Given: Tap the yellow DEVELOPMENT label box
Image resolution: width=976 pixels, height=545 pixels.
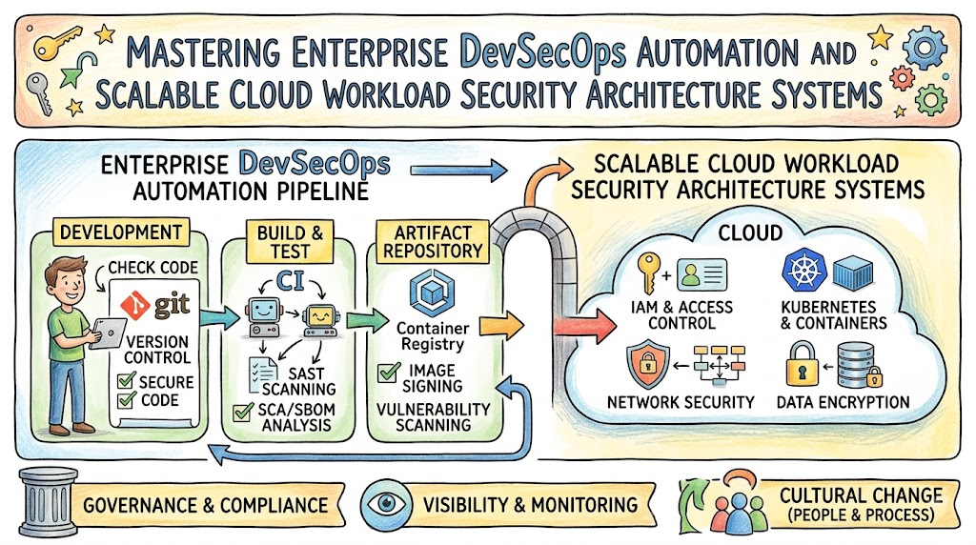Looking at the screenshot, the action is pyautogui.click(x=121, y=232).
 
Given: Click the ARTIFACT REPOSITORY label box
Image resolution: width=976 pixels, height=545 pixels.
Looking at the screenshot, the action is pyautogui.click(x=433, y=241).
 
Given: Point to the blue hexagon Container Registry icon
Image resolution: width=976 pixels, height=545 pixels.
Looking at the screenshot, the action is pyautogui.click(x=432, y=292).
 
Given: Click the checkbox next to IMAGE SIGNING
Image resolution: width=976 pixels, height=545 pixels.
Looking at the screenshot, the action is pyautogui.click(x=389, y=372).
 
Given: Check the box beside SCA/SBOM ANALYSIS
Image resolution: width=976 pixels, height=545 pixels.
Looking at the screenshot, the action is pyautogui.click(x=243, y=412).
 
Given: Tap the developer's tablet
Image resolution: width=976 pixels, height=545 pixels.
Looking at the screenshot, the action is pyautogui.click(x=108, y=333).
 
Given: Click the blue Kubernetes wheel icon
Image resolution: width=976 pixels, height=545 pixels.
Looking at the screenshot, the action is pyautogui.click(x=804, y=270).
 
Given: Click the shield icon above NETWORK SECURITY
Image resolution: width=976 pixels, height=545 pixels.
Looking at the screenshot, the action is pyautogui.click(x=648, y=364).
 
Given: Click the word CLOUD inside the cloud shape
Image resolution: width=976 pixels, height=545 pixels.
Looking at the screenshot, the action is pyautogui.click(x=750, y=232).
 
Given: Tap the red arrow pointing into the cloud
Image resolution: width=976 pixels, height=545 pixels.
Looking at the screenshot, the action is pyautogui.click(x=584, y=326).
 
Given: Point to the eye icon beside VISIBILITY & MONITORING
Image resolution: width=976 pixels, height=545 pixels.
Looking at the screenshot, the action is pyautogui.click(x=386, y=503).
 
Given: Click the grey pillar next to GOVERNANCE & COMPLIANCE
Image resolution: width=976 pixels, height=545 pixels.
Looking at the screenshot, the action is pyautogui.click(x=49, y=502).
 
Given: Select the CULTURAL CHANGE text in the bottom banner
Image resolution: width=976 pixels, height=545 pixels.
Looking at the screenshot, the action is pyautogui.click(x=861, y=495).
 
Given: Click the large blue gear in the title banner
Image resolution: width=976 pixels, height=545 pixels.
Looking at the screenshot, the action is pyautogui.click(x=925, y=48).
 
